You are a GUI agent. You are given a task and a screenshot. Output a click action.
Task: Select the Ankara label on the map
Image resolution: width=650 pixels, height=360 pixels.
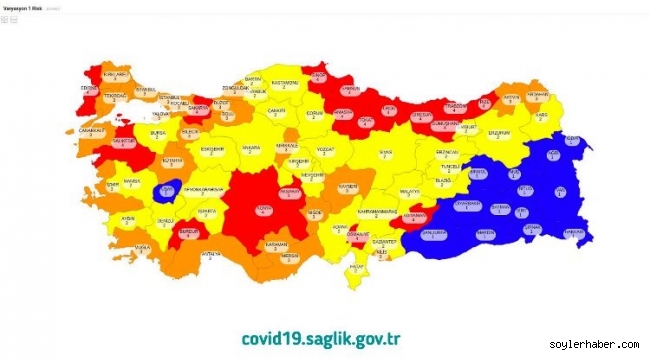pos(251,151)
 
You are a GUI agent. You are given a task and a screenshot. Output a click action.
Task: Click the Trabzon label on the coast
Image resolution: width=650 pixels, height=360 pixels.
pos(455,108)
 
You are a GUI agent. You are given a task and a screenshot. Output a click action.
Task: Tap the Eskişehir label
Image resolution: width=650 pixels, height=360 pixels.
pos(211,151)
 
